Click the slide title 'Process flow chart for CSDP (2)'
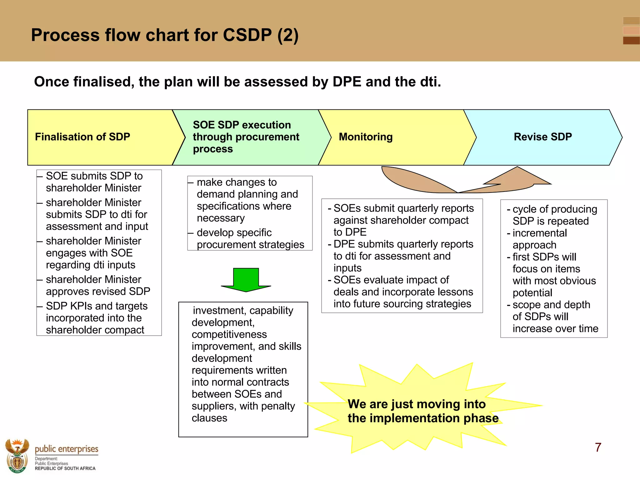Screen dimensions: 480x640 (165, 35)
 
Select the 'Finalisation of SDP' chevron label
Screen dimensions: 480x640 (82, 137)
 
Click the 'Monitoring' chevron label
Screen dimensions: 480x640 (366, 137)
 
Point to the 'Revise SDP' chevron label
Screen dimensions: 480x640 (543, 137)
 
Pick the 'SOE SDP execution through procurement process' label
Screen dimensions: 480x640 (246, 137)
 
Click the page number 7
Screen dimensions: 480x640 (598, 447)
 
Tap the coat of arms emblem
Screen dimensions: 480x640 (17, 456)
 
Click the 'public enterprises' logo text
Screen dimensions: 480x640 (67, 449)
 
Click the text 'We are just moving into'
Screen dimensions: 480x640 (417, 404)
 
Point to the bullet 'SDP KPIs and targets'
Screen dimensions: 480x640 (97, 306)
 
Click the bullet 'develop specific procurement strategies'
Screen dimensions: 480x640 (250, 238)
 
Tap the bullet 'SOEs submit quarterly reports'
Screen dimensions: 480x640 (403, 208)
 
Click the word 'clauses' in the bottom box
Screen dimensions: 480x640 (209, 418)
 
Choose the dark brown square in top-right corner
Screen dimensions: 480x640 (631, 41)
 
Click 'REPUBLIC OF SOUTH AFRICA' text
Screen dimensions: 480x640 (65, 468)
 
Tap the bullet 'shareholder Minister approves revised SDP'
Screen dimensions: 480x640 (98, 285)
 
